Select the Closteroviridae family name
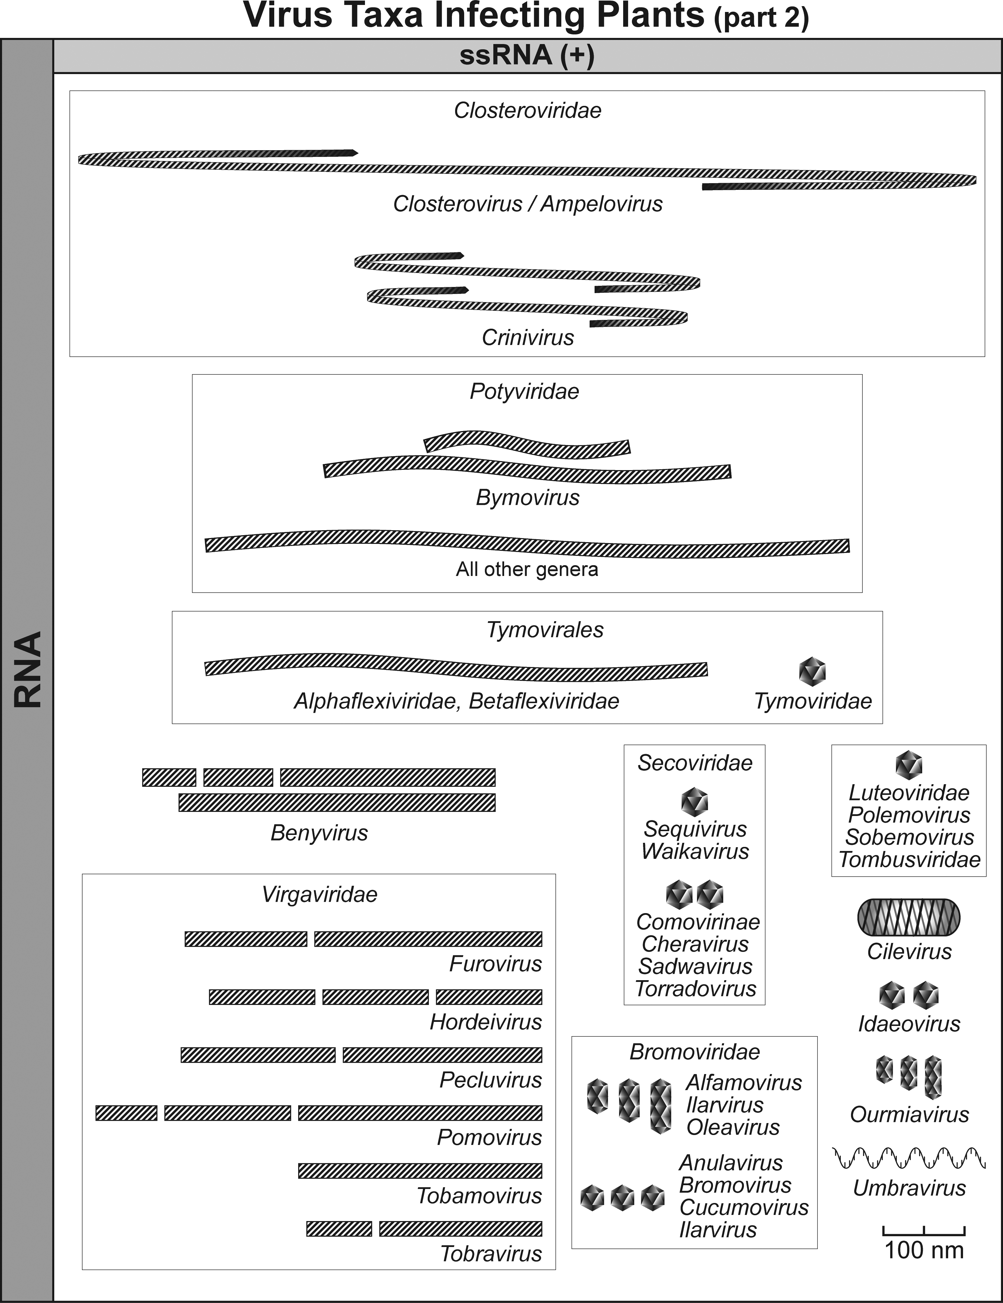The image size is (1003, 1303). pyautogui.click(x=527, y=110)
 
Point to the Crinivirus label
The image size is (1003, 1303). pyautogui.click(x=527, y=338)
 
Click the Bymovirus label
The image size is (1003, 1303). pyautogui.click(x=527, y=498)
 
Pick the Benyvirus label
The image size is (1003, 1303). pyautogui.click(x=319, y=833)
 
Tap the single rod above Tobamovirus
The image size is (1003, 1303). pyautogui.click(x=420, y=1171)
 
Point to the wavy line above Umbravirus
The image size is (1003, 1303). pyautogui.click(x=909, y=1157)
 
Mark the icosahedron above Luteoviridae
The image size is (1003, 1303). pyautogui.click(x=909, y=765)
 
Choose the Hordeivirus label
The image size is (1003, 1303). pyautogui.click(x=486, y=1022)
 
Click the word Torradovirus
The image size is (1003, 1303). pyautogui.click(x=695, y=989)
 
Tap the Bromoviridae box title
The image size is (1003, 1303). pyautogui.click(x=695, y=1052)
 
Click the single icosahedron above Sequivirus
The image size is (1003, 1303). pyautogui.click(x=695, y=802)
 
